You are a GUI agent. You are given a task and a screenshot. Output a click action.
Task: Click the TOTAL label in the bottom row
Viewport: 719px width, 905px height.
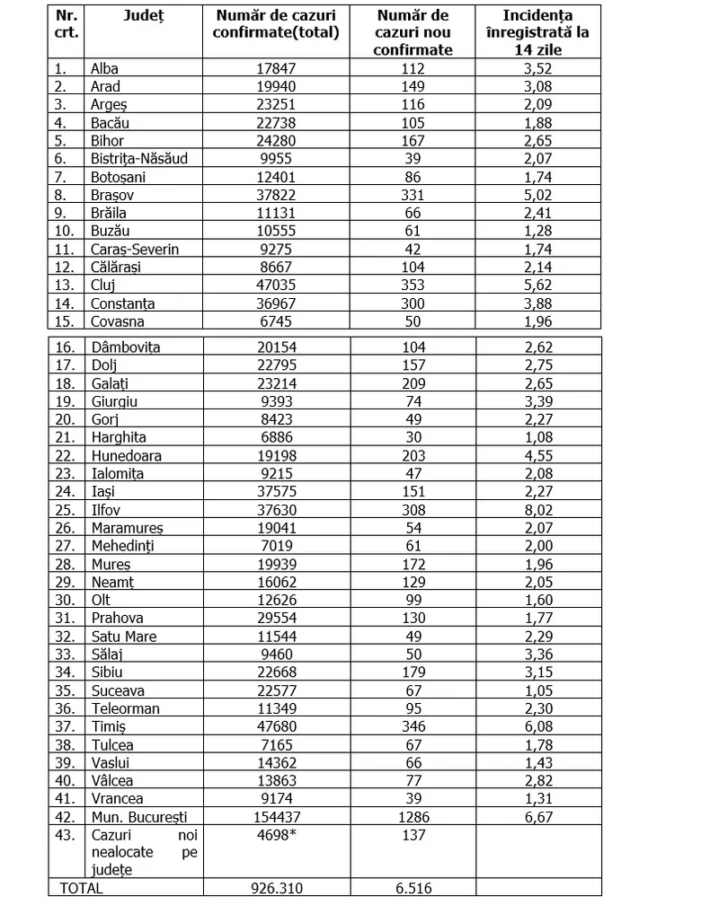[82, 888]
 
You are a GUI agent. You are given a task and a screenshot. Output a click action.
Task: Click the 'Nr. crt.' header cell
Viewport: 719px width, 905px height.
[67, 24]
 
